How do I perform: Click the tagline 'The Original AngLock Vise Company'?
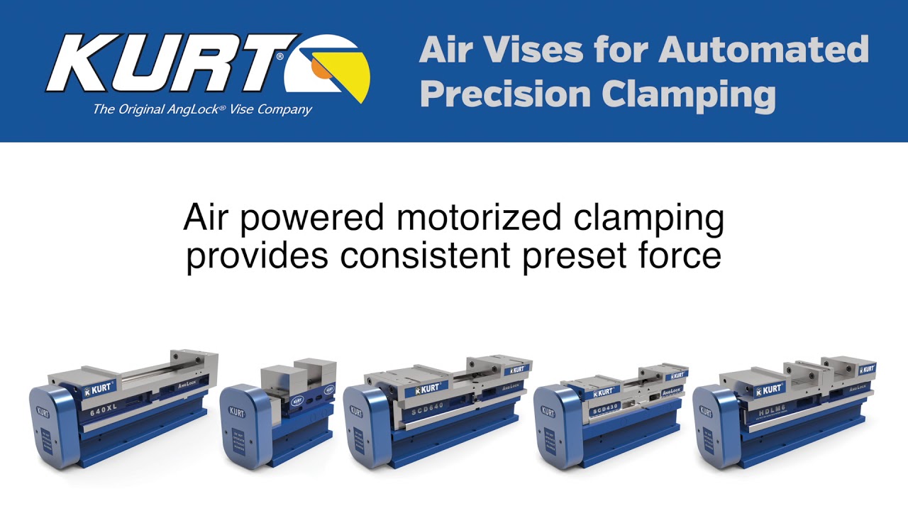tap(202, 109)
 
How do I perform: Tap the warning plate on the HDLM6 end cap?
tap(708, 444)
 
